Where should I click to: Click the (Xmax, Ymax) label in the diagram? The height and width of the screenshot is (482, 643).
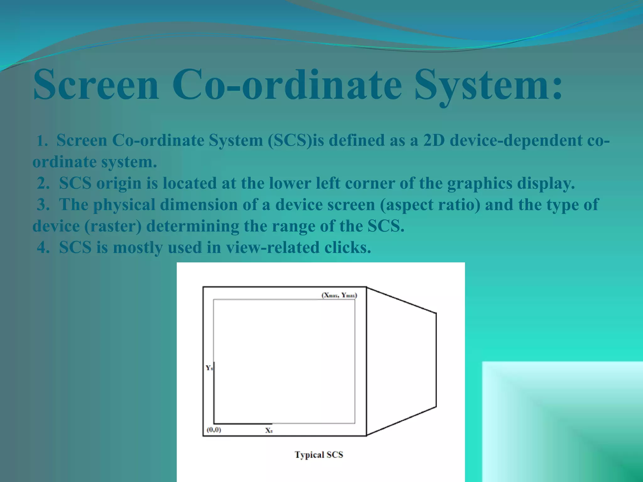339,295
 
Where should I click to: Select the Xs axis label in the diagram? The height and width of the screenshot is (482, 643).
269,431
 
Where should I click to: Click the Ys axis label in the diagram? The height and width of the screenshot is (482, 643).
209,368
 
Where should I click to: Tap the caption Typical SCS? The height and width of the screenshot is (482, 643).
319,455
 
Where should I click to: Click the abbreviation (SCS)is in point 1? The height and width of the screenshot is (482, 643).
295,140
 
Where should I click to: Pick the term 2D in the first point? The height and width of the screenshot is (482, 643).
434,140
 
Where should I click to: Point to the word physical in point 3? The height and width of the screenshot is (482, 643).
124,205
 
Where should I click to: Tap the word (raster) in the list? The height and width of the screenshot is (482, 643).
113,226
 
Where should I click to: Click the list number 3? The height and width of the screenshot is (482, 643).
43,205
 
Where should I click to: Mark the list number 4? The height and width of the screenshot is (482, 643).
43,248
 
